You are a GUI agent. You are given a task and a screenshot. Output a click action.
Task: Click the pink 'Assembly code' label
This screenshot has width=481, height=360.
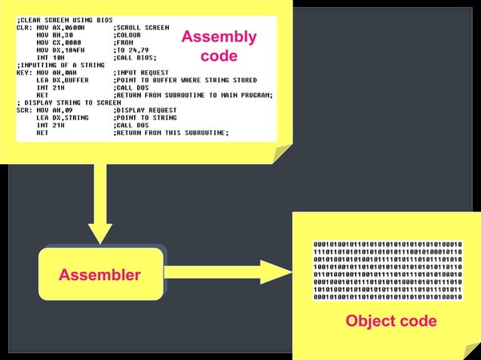(219, 46)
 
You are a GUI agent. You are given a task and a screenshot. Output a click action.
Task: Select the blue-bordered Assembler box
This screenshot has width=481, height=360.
(100, 275)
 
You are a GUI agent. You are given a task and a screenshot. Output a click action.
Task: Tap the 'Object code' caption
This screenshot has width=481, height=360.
(391, 321)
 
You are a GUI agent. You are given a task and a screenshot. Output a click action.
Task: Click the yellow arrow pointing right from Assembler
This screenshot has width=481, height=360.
(226, 275)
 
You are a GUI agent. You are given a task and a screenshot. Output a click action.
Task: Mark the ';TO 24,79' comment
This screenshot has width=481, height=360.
(136, 50)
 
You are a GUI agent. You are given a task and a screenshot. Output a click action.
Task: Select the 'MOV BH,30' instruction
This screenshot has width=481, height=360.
(54, 35)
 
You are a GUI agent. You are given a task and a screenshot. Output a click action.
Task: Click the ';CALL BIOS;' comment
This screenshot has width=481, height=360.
(138, 57)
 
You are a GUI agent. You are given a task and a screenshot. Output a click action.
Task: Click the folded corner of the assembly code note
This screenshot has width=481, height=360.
(282, 153)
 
